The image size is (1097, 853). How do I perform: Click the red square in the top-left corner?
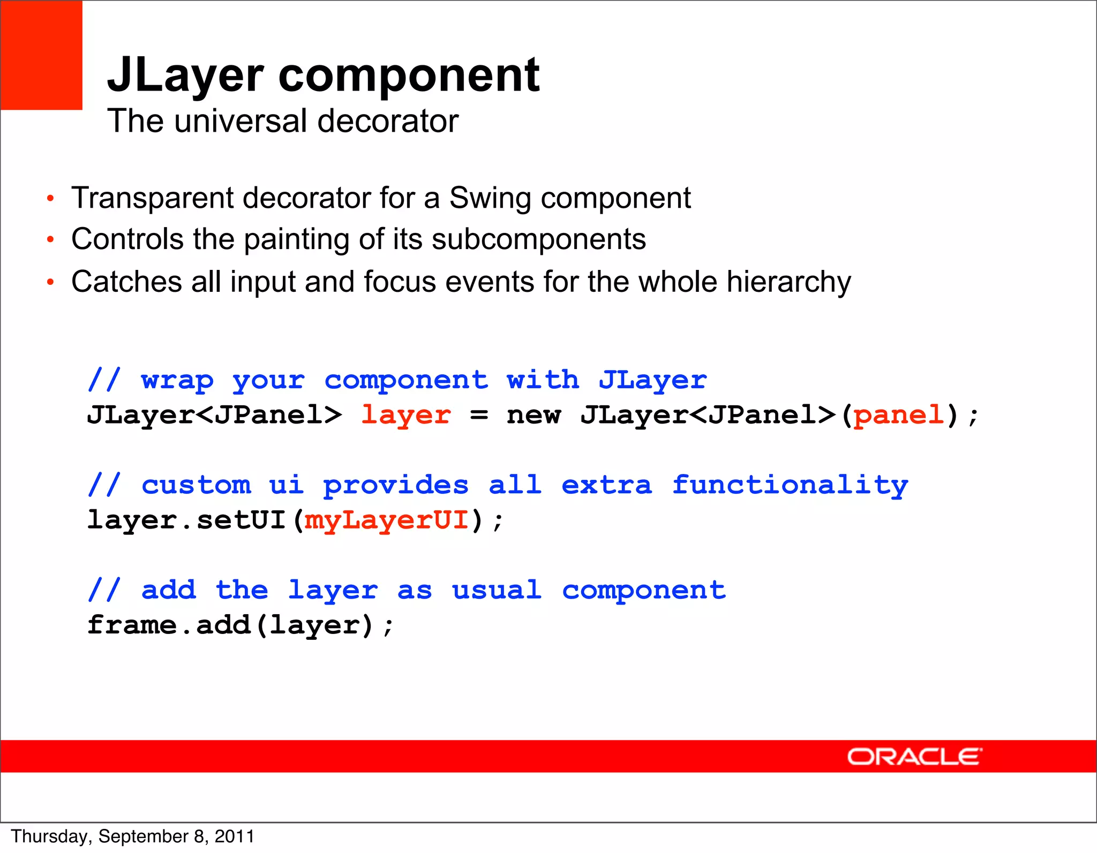(x=41, y=55)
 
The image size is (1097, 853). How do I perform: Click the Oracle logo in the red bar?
(x=914, y=757)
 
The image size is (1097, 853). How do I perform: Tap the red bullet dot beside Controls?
(x=50, y=240)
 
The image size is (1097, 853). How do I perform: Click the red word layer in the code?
(x=406, y=415)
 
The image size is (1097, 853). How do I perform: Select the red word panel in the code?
(x=898, y=415)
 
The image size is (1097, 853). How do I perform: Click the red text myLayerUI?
(x=387, y=520)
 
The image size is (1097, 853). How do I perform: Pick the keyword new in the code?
(x=534, y=415)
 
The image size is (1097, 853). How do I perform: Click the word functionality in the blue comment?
(x=790, y=485)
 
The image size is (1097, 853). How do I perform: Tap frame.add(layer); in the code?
(x=240, y=625)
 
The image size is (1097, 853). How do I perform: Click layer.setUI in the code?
(x=186, y=520)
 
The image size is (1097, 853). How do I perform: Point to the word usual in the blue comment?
(x=496, y=590)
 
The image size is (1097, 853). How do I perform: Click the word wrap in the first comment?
(x=177, y=380)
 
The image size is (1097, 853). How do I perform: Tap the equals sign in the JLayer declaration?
(x=479, y=415)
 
